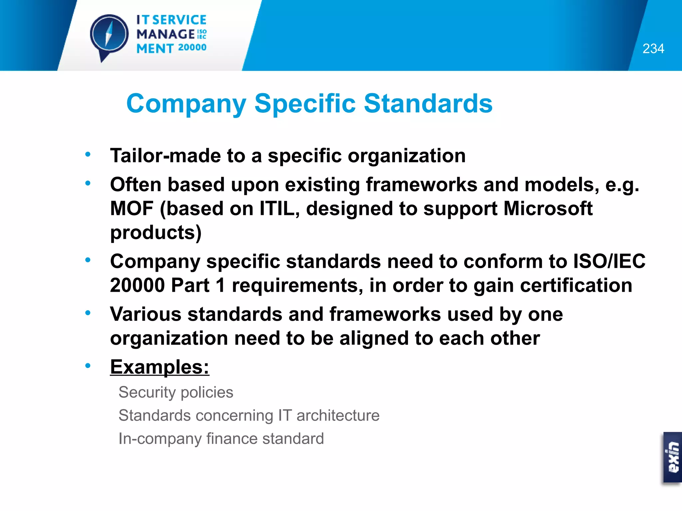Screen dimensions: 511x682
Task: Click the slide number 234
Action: (653, 49)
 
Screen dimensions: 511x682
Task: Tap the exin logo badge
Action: (672, 457)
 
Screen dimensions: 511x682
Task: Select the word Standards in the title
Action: (428, 104)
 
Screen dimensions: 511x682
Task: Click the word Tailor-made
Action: (165, 156)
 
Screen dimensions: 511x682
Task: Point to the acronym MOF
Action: (132, 209)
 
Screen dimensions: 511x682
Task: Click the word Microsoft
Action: (548, 209)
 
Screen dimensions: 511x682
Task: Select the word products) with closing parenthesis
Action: (156, 233)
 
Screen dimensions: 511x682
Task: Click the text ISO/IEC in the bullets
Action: (609, 261)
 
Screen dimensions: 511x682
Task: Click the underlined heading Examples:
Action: (160, 367)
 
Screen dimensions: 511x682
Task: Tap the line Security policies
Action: (176, 393)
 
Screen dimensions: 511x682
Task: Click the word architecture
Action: (338, 416)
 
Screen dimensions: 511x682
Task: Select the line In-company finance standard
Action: (221, 439)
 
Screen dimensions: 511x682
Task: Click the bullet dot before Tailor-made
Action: (88, 154)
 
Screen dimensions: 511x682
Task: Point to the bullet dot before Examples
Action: (88, 366)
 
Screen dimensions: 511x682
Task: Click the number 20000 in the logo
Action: (192, 48)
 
